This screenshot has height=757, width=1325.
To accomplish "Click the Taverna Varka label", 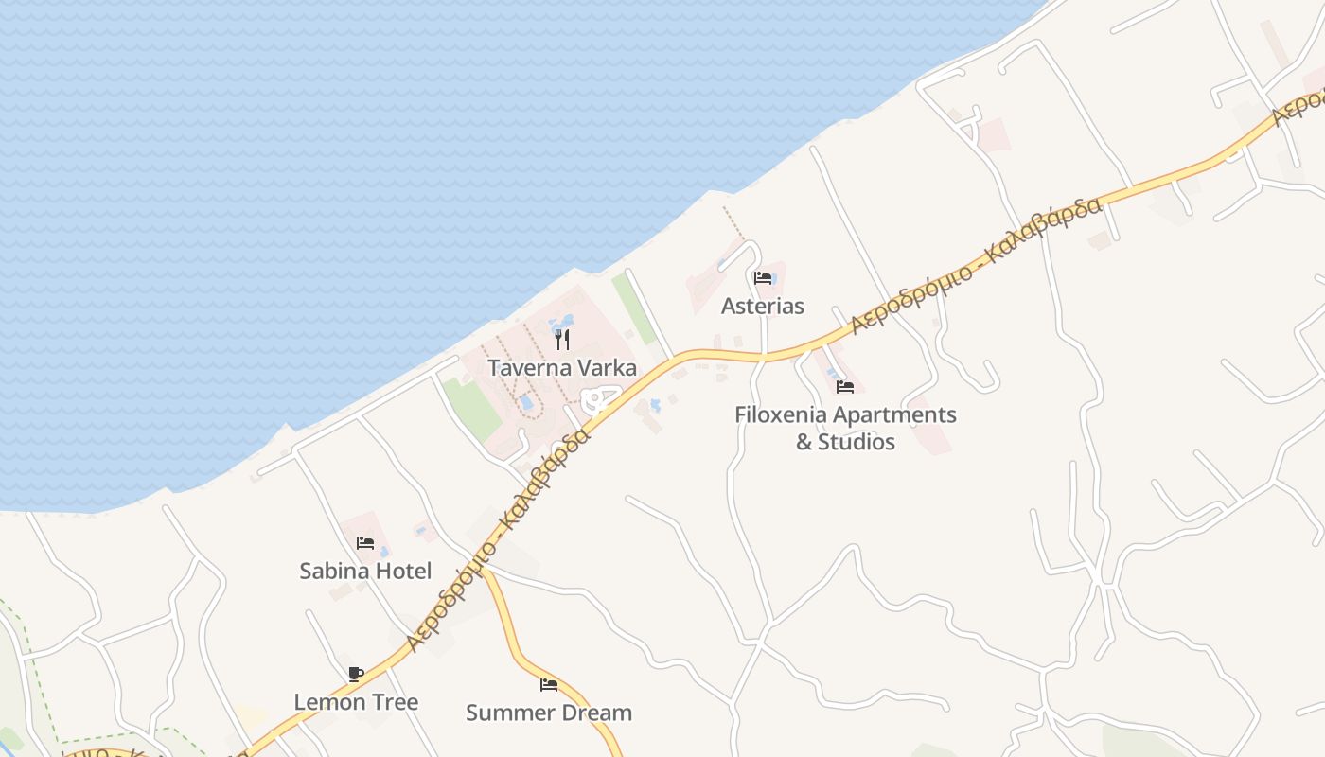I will (x=562, y=368).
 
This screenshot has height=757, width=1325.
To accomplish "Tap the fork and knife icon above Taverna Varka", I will (x=562, y=340).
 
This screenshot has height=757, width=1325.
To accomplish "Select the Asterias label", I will (x=762, y=306).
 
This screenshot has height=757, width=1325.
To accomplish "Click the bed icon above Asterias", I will (x=763, y=278).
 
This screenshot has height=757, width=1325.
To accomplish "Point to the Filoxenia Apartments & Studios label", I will (x=845, y=428).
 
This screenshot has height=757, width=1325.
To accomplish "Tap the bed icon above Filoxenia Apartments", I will (x=845, y=387).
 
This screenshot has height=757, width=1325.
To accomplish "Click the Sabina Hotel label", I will (x=365, y=571).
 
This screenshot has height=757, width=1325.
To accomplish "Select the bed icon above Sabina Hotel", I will (x=365, y=543).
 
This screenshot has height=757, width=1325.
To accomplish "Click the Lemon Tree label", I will (x=356, y=702).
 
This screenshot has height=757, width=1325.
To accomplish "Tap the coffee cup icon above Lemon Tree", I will (x=356, y=674).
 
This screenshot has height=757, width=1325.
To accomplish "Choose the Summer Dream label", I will (x=549, y=713).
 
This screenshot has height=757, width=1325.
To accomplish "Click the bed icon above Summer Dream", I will (x=549, y=685).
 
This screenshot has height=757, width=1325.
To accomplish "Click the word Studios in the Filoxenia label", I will (x=857, y=442).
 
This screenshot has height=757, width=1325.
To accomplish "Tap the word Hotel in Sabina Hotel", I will (x=400, y=571).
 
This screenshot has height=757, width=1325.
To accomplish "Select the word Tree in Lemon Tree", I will (x=396, y=702).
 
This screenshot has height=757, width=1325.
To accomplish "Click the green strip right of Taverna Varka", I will (x=634, y=308).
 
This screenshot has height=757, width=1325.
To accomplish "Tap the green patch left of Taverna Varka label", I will (x=471, y=408).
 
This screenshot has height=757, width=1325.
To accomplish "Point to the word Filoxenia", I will (x=785, y=414).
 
